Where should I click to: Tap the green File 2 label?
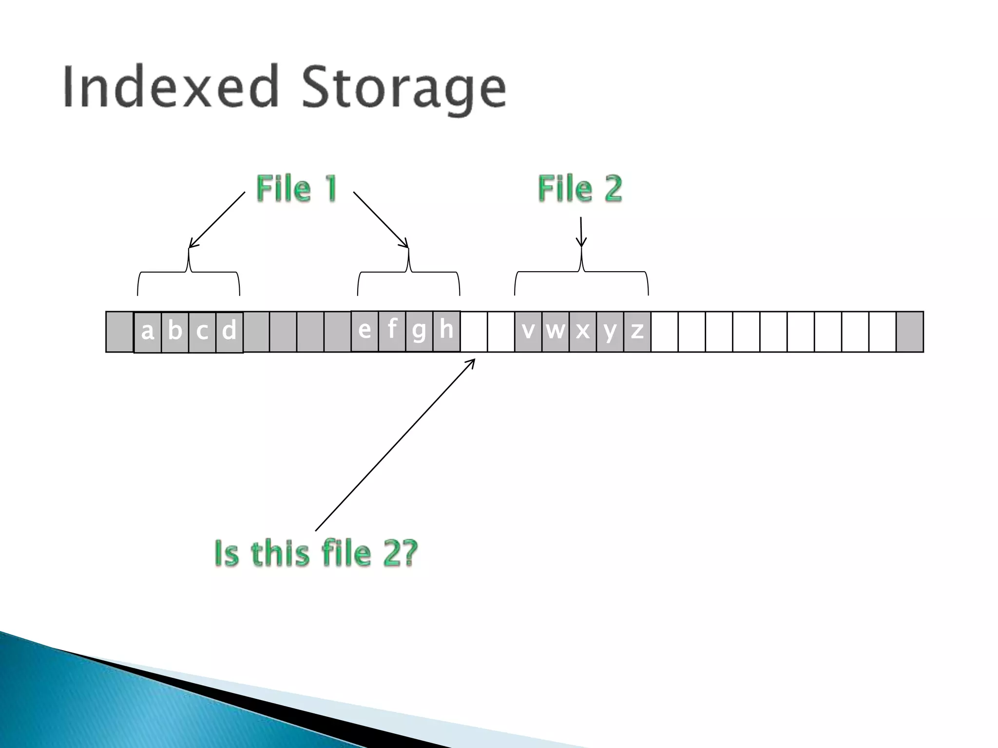pyautogui.click(x=580, y=188)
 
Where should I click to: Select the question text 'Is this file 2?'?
pyautogui.click(x=316, y=554)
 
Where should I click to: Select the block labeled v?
pyautogui.click(x=528, y=332)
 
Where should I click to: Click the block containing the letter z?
pyautogui.click(x=637, y=332)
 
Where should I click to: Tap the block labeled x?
pyautogui.click(x=582, y=332)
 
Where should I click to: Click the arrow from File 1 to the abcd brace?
pyautogui.click(x=217, y=220)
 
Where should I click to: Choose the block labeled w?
pyautogui.click(x=556, y=332)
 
